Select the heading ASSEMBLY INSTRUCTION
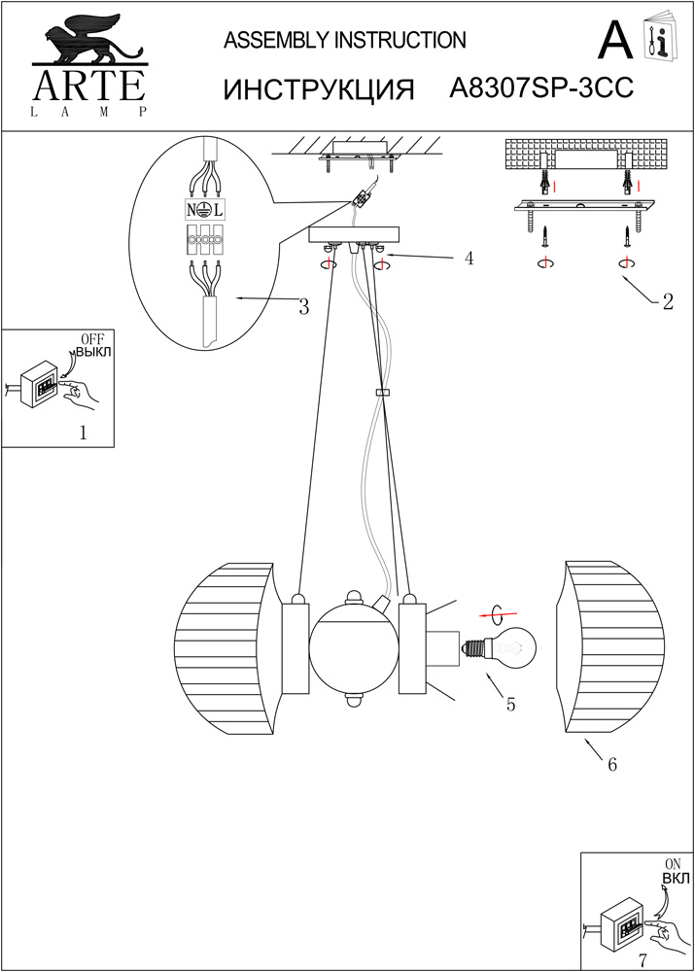pyautogui.click(x=345, y=40)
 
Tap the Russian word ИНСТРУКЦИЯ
pyautogui.click(x=319, y=89)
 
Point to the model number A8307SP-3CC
pyautogui.click(x=542, y=88)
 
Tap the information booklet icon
pyautogui.click(x=660, y=39)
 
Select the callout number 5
pyautogui.click(x=510, y=706)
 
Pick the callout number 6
pyautogui.click(x=612, y=765)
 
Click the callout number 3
pyautogui.click(x=304, y=307)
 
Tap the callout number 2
pyautogui.click(x=667, y=301)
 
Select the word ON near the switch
pyautogui.click(x=673, y=863)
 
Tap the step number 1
pyautogui.click(x=83, y=434)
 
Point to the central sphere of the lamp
pyautogui.click(x=354, y=644)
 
